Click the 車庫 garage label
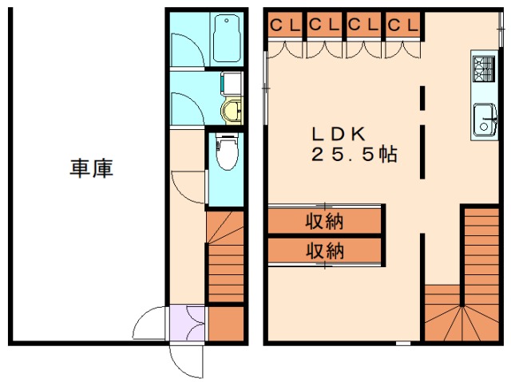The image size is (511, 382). [91, 169]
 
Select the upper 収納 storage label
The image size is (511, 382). [324, 220]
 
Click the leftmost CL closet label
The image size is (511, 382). [285, 26]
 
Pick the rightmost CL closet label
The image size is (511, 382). [402, 26]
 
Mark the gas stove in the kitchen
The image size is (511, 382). [484, 67]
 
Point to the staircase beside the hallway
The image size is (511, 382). [225, 257]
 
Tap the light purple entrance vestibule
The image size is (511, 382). [188, 324]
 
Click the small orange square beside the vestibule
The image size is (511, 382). [225, 324]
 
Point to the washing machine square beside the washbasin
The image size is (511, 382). [232, 83]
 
